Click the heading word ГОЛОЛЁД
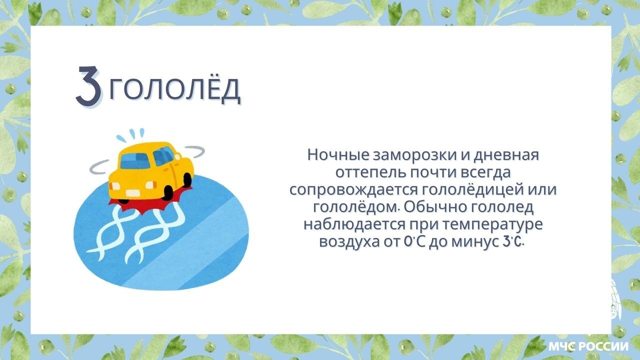tap(174, 90)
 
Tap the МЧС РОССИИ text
tap(588, 346)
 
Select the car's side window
tap(162, 157)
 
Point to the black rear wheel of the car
tap(188, 179)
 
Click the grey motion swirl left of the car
tap(100, 167)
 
